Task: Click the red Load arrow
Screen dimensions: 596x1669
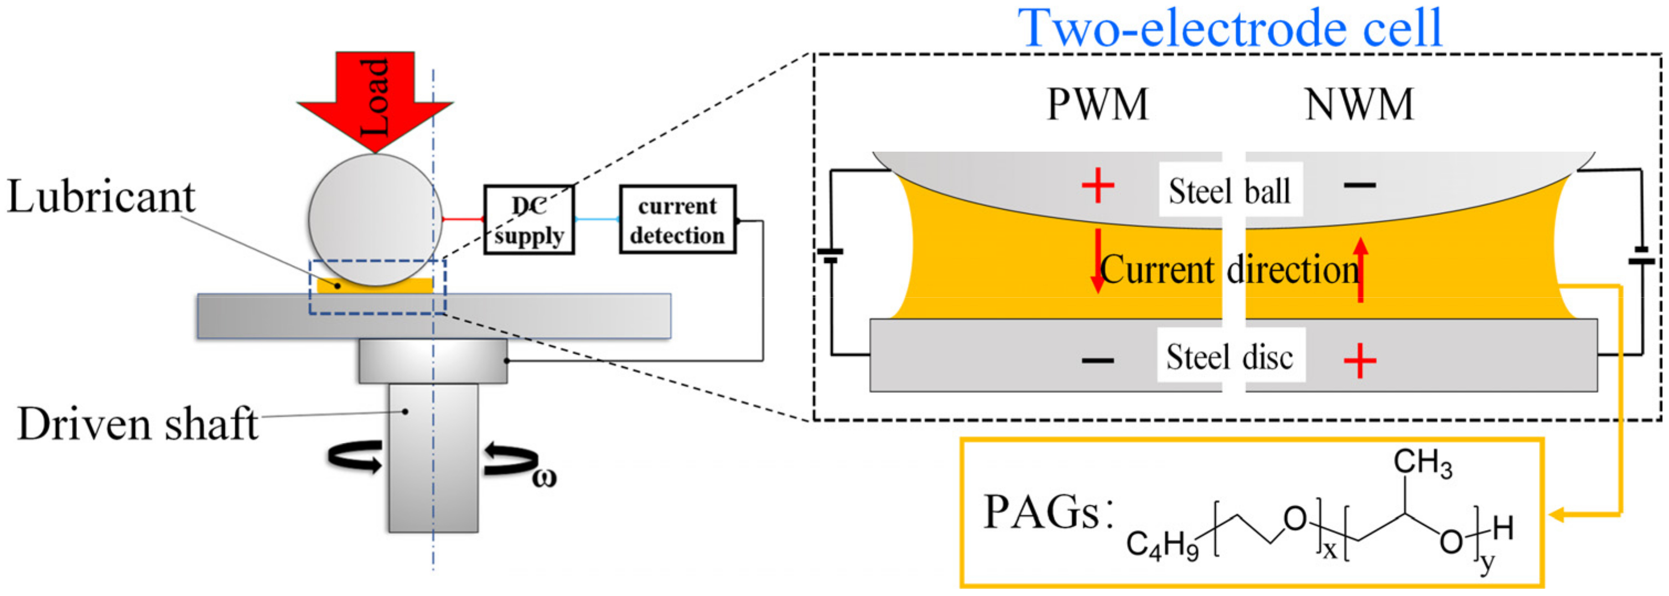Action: pyautogui.click(x=375, y=97)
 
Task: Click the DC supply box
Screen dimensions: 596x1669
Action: pyautogui.click(x=528, y=220)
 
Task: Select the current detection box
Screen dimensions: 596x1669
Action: pyautogui.click(x=677, y=220)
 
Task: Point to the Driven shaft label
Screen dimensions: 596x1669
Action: pyautogui.click(x=137, y=424)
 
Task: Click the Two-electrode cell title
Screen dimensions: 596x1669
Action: pyautogui.click(x=1230, y=29)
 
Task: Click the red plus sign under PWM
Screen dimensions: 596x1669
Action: pyautogui.click(x=1097, y=186)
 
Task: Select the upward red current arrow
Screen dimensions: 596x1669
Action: pyautogui.click(x=1361, y=269)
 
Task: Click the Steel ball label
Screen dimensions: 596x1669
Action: pyautogui.click(x=1229, y=191)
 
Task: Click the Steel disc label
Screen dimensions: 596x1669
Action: pyautogui.click(x=1229, y=357)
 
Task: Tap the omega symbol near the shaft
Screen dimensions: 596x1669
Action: pyautogui.click(x=544, y=478)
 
